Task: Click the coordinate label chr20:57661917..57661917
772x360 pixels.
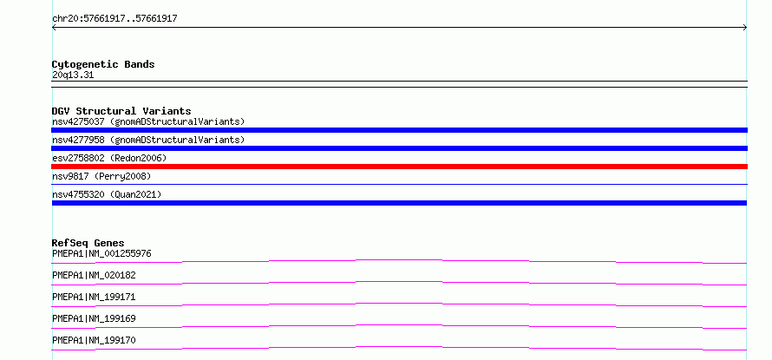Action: click(x=114, y=19)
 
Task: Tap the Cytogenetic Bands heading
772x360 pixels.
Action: click(x=103, y=64)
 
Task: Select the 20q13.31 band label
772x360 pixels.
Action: click(x=73, y=75)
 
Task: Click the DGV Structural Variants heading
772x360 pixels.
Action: click(x=121, y=111)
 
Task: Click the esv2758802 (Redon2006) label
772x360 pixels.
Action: click(x=109, y=158)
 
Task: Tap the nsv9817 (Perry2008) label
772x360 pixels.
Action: click(x=101, y=176)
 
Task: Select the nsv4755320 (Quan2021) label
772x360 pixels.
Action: click(x=107, y=194)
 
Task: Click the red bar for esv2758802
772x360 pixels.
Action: click(x=399, y=167)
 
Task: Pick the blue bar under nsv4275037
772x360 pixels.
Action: click(x=399, y=130)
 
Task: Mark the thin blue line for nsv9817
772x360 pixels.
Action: click(x=399, y=184)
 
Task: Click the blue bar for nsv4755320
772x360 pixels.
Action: click(x=399, y=203)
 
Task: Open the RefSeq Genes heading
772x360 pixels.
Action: click(x=88, y=243)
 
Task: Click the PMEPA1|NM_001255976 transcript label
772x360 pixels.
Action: click(x=101, y=253)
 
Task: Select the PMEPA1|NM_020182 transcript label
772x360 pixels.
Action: click(x=94, y=275)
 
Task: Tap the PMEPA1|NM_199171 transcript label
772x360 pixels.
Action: click(x=94, y=297)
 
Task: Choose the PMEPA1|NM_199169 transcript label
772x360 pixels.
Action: click(x=94, y=318)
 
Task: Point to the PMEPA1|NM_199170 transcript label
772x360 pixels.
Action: click(x=94, y=340)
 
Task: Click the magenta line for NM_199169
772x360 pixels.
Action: click(x=399, y=325)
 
